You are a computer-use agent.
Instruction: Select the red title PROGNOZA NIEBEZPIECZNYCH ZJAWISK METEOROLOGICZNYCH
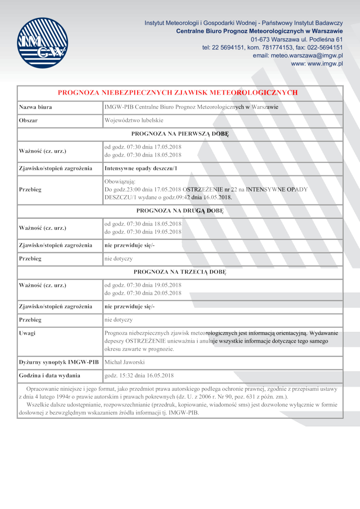(178, 93)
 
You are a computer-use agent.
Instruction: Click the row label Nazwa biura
(35, 107)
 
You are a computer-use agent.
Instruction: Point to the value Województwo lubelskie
(134, 121)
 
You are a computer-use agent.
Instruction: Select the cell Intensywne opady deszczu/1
(141, 169)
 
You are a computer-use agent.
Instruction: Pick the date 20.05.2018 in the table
(168, 293)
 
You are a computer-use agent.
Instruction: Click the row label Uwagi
(27, 333)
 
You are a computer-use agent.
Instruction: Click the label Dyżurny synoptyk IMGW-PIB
(58, 362)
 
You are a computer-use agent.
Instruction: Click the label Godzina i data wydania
(49, 375)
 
